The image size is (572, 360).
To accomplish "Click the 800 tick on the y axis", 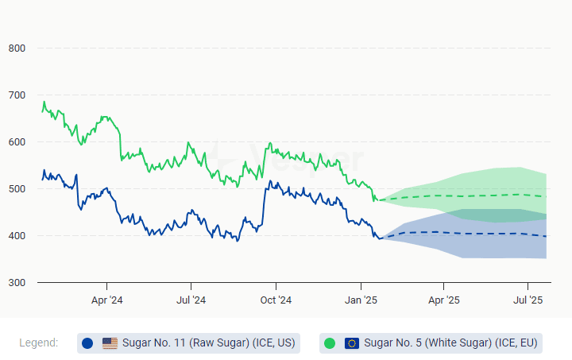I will pyautogui.click(x=17, y=48).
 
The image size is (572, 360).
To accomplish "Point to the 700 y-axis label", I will pyautogui.click(x=17, y=95).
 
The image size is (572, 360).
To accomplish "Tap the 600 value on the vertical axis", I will pyautogui.click(x=17, y=142).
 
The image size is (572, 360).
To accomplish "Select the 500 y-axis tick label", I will pyautogui.click(x=17, y=189).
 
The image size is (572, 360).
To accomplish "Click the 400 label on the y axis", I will pyautogui.click(x=17, y=236).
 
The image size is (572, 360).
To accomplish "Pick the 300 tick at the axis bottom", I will pyautogui.click(x=17, y=283).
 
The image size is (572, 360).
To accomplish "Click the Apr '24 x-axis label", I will pyautogui.click(x=107, y=300).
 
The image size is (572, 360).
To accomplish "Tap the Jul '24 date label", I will pyautogui.click(x=191, y=300).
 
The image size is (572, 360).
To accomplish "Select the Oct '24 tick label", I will pyautogui.click(x=276, y=300).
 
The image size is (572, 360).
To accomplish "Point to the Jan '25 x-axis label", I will pyautogui.click(x=361, y=300).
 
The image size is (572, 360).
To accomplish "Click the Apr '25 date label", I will pyautogui.click(x=444, y=300).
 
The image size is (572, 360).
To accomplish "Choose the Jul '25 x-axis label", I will pyautogui.click(x=528, y=300).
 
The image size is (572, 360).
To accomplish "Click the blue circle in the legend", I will pyautogui.click(x=87, y=343).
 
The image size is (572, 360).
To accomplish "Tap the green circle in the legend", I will pyautogui.click(x=330, y=343).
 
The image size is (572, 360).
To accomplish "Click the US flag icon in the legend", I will pyautogui.click(x=110, y=343).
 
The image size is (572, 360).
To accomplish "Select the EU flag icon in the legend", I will pyautogui.click(x=352, y=343).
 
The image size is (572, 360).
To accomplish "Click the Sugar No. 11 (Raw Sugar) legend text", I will pyautogui.click(x=208, y=343).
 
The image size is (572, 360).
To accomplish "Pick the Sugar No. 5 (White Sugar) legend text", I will pyautogui.click(x=451, y=343).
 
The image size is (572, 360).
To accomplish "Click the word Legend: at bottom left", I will pyautogui.click(x=39, y=343).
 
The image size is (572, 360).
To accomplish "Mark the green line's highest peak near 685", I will pyautogui.click(x=44, y=102).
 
